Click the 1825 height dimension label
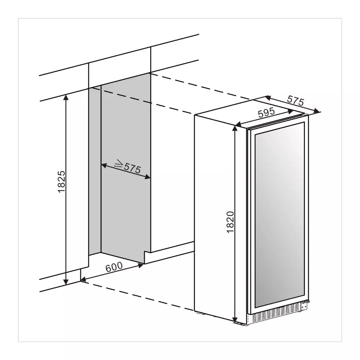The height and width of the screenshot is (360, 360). (62, 181)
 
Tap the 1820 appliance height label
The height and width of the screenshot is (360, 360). (230, 222)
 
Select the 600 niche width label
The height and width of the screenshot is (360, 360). (114, 267)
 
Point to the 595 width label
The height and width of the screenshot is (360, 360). (266, 112)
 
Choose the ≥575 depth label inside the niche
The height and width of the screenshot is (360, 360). (128, 167)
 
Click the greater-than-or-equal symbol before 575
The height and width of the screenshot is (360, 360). (119, 163)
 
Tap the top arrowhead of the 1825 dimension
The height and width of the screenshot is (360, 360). (66, 97)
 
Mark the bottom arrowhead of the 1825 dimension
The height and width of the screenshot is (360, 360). (66, 282)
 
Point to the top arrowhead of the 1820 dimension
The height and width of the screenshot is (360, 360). (235, 129)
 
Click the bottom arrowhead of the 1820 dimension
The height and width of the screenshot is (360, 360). (235, 319)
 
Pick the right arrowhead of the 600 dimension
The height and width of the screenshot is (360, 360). (140, 265)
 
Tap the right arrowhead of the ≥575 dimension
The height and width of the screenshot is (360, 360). (147, 177)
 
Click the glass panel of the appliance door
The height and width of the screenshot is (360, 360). (279, 218)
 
